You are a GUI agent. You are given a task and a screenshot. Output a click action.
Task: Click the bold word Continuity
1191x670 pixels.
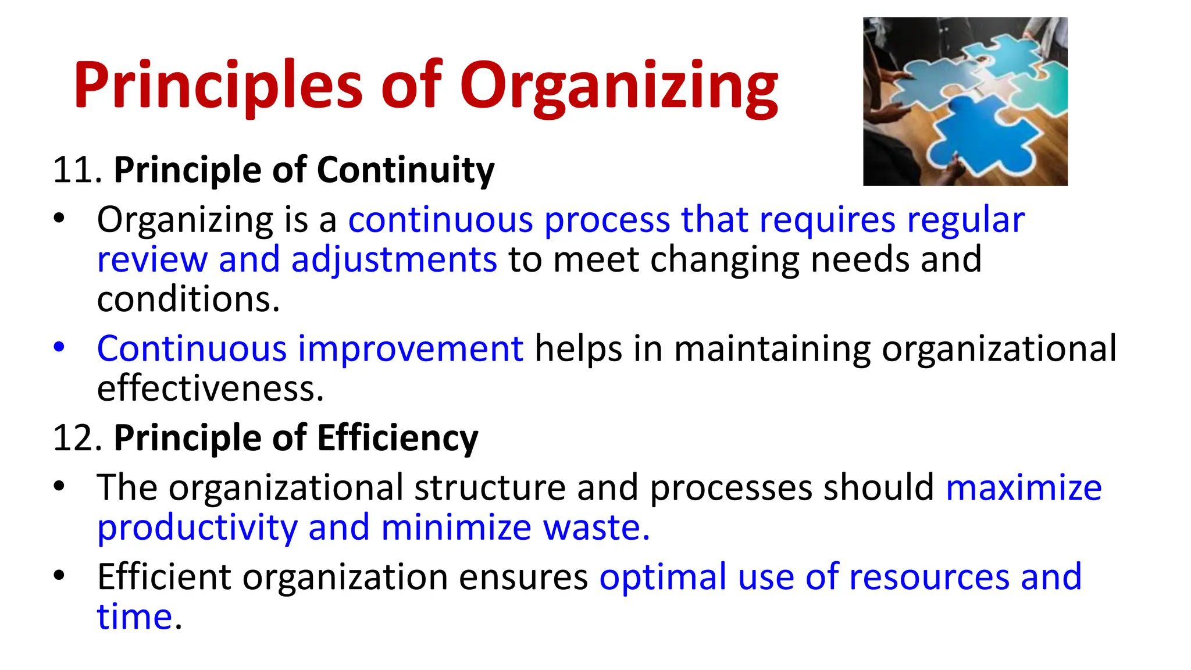(x=405, y=170)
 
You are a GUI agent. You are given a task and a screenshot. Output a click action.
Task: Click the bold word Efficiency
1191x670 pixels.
(x=397, y=438)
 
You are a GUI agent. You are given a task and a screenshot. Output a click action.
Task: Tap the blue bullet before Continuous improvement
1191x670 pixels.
(x=59, y=347)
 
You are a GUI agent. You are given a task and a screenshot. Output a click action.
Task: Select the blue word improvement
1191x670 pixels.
(x=411, y=349)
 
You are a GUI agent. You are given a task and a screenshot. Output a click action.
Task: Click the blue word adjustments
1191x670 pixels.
(x=394, y=260)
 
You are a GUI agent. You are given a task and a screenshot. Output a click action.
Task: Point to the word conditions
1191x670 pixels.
(x=188, y=300)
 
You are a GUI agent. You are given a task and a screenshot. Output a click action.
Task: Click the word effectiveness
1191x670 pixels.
(x=209, y=389)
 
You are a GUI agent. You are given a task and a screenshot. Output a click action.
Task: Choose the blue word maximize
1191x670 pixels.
(x=1024, y=487)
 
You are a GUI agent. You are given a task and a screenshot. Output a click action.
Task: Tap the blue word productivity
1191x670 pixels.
(x=197, y=528)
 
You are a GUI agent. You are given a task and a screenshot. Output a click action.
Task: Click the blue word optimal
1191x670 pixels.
(x=662, y=577)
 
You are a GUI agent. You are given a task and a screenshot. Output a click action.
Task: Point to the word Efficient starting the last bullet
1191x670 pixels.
(x=163, y=577)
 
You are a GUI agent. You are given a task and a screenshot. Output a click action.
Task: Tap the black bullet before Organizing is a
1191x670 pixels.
(x=59, y=219)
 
